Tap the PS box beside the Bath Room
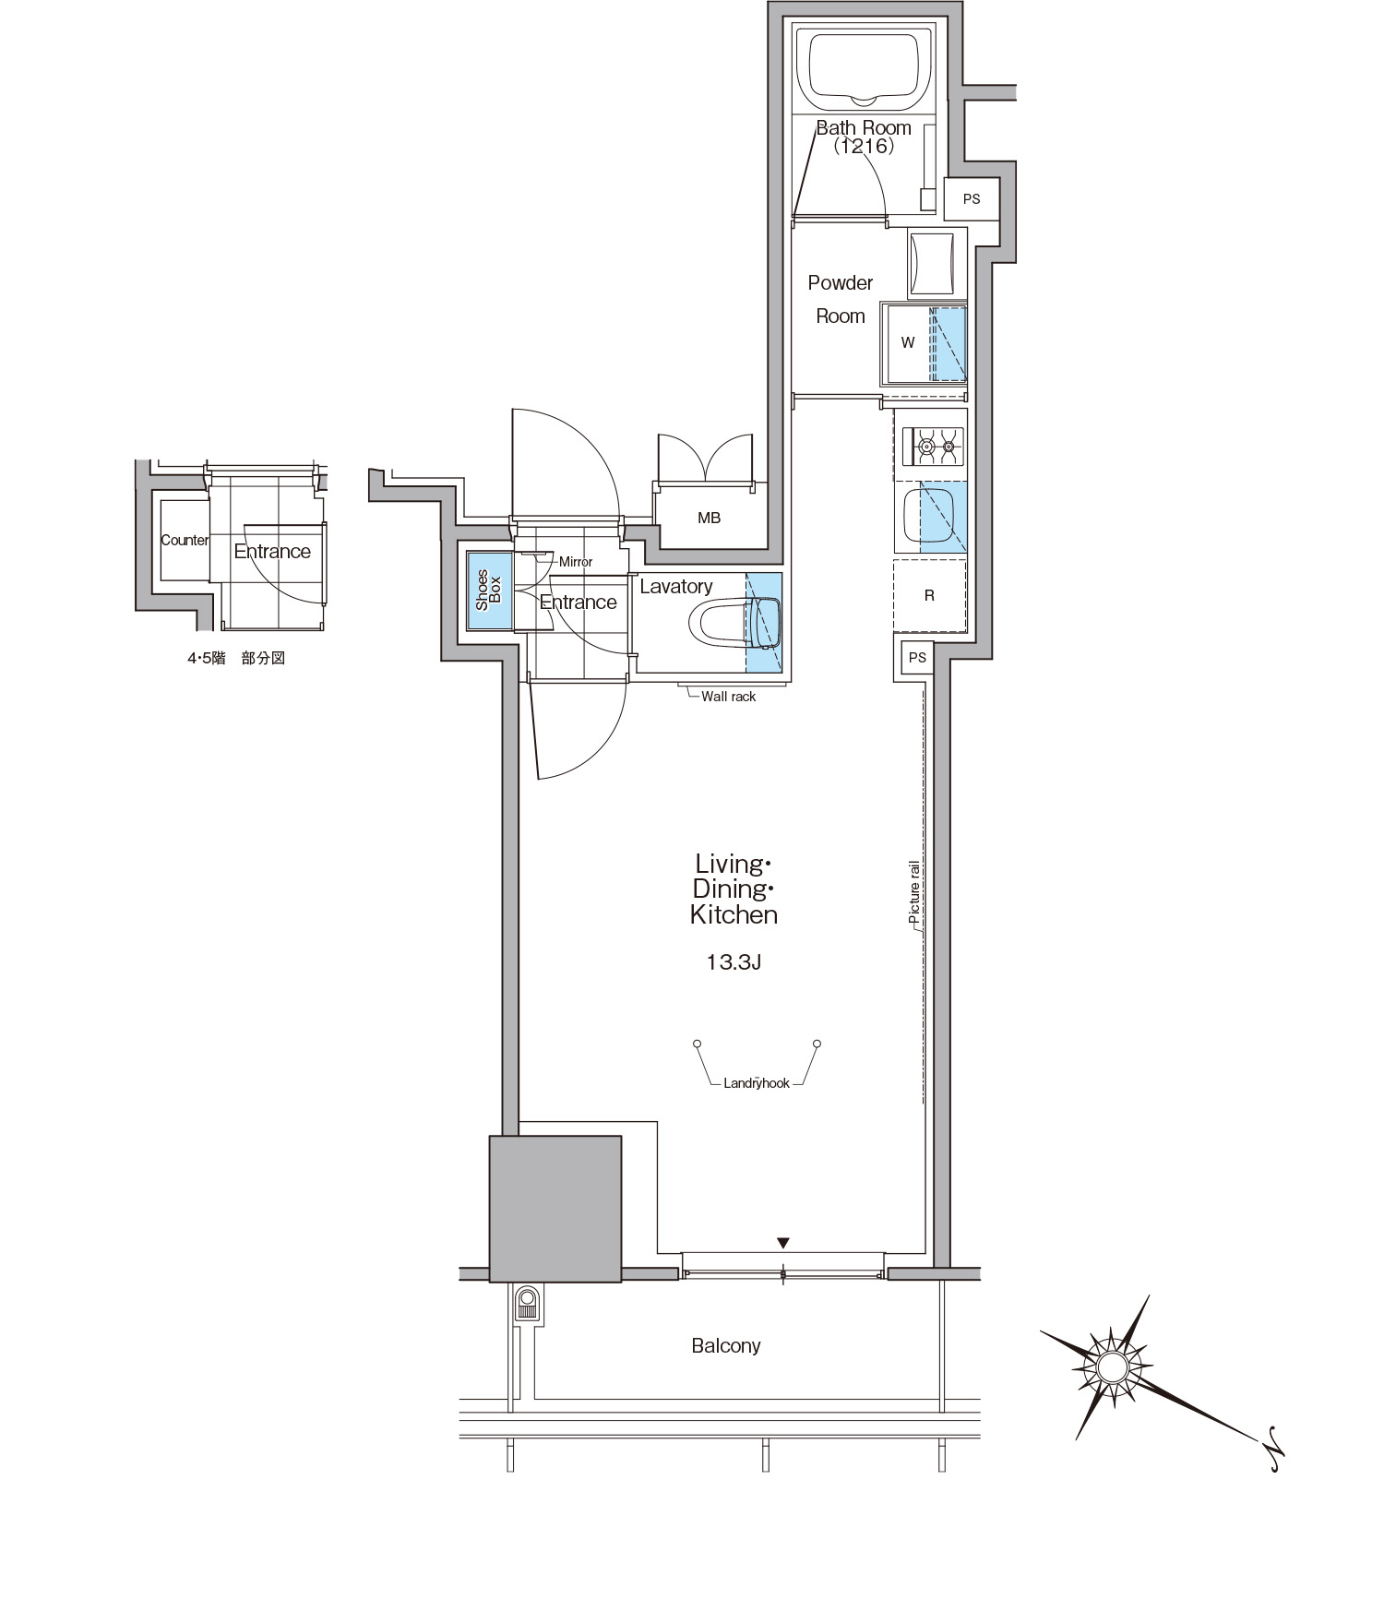pos(972,198)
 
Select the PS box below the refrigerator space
pos(917,658)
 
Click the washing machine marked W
pos(924,342)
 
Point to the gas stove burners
pos(937,447)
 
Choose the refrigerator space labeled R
pos(929,596)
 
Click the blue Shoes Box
pos(489,591)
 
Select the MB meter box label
pos(709,519)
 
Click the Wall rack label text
pos(728,697)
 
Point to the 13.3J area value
pos(734,963)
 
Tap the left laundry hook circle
pos(698,1044)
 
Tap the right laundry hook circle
pos(817,1044)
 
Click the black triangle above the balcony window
pos(783,1242)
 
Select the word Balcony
pos(726,1346)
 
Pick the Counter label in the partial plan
pos(185,541)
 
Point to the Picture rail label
pos(914,893)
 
